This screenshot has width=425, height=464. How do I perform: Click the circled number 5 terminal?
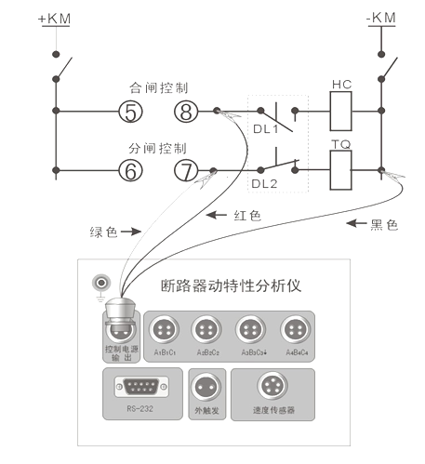click(130, 113)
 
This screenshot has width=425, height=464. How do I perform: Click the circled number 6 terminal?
click(130, 170)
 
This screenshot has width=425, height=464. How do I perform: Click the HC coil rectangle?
click(340, 113)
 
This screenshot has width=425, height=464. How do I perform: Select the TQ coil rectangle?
click(340, 170)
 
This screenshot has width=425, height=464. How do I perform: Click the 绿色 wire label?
click(104, 232)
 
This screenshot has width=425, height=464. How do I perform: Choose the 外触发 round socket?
click(204, 384)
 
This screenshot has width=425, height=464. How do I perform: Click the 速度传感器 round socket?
click(273, 384)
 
